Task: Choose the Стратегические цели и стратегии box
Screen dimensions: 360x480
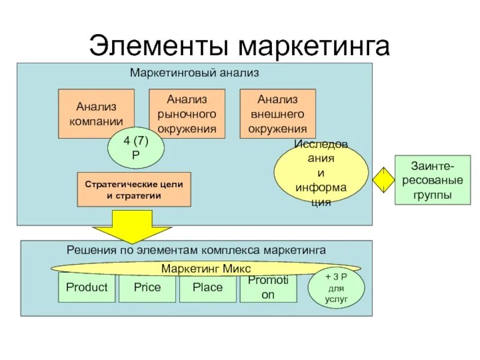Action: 134,190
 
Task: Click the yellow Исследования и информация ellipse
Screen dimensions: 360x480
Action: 321,174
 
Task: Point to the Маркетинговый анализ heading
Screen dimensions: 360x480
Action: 194,73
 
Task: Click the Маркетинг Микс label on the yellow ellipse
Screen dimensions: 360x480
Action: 206,268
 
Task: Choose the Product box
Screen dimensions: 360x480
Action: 86,288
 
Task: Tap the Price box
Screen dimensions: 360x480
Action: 147,288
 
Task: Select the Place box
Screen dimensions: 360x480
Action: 208,288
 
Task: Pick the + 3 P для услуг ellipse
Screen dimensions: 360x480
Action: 336,288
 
